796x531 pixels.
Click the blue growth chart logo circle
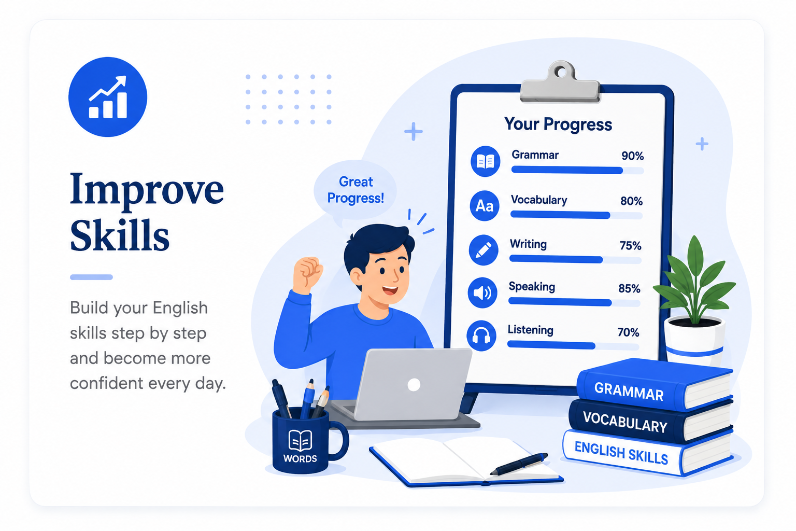(x=108, y=97)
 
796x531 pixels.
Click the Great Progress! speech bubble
(x=356, y=190)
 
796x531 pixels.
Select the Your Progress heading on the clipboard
(x=558, y=124)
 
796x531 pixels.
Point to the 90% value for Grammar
(x=633, y=156)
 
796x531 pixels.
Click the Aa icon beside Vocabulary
(x=485, y=205)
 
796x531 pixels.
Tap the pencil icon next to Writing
(x=484, y=249)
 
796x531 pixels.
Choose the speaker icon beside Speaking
(x=482, y=292)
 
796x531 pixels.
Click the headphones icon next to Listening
(x=481, y=336)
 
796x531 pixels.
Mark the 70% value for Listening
(x=628, y=332)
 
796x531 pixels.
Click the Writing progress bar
(x=575, y=260)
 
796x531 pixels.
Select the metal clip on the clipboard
(x=560, y=82)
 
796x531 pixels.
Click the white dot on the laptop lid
(x=414, y=384)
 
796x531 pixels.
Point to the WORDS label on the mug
(x=300, y=458)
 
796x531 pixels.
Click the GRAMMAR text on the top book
(x=629, y=391)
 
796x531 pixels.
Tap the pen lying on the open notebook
(x=519, y=464)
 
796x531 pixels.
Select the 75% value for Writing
(x=630, y=245)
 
